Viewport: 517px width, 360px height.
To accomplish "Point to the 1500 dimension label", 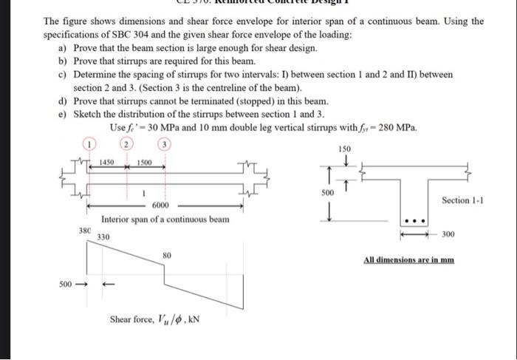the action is [145, 162].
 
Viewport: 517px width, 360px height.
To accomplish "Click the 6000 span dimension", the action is [161, 205].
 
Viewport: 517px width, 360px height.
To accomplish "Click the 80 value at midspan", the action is [167, 255].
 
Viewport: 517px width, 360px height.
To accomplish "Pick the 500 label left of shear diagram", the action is [66, 283].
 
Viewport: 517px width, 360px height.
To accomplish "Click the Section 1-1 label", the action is [462, 200].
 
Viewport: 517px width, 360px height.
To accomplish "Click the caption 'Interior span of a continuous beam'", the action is [165, 220].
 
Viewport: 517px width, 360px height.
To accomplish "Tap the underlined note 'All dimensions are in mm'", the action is [408, 259].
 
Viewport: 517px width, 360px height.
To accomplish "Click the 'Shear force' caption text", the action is [154, 319].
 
